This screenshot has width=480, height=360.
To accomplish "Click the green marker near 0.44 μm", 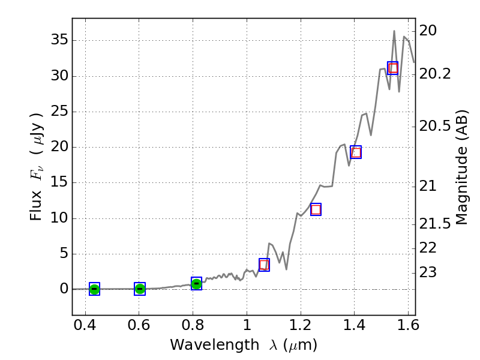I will pyautogui.click(x=94, y=289).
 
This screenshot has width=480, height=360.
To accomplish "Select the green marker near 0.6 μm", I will pyautogui.click(x=140, y=289).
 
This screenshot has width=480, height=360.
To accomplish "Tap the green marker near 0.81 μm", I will pyautogui.click(x=196, y=283).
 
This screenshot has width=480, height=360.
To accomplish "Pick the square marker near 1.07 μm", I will pyautogui.click(x=264, y=265).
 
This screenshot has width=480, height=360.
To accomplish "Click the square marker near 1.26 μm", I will pyautogui.click(x=316, y=209).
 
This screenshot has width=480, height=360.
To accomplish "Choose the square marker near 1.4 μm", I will pyautogui.click(x=356, y=152).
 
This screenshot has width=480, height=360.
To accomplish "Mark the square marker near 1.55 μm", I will pyautogui.click(x=393, y=68).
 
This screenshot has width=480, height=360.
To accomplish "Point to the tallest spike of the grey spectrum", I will pyautogui.click(x=394, y=31).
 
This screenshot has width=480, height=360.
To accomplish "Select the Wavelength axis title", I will pyautogui.click(x=243, y=345).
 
